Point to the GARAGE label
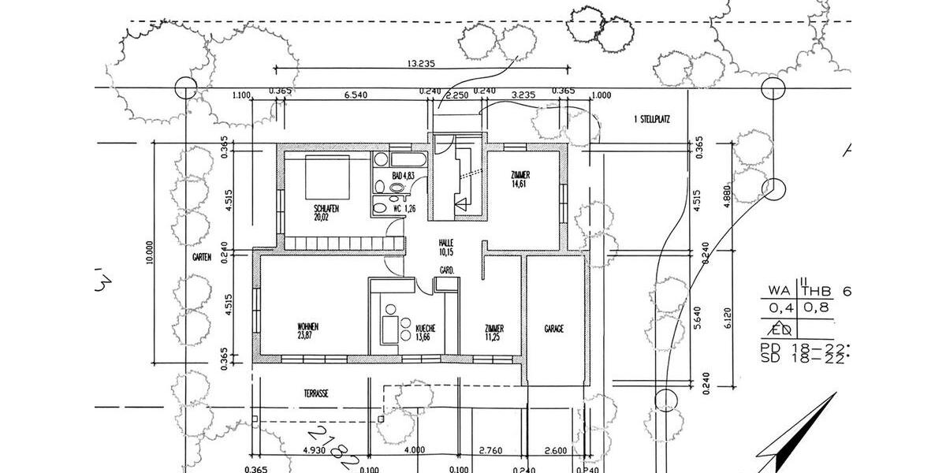click(x=554, y=329)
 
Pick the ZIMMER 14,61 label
click(x=520, y=179)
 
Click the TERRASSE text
click(x=315, y=392)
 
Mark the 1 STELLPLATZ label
click(x=651, y=120)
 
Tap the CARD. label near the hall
click(x=445, y=270)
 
